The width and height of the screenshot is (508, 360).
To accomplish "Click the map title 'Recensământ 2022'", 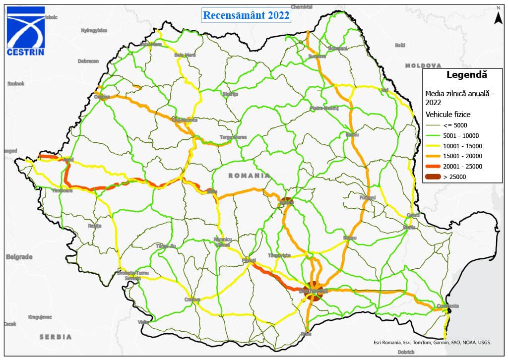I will click(246, 15).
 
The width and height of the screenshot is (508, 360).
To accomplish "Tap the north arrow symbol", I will click(498, 16).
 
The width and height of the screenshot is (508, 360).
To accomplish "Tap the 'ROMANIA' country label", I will click(249, 176).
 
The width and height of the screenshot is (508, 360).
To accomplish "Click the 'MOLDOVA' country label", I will click(423, 65).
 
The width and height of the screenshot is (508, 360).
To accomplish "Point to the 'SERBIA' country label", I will click(56, 337).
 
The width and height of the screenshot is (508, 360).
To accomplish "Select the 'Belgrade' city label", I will click(19, 257).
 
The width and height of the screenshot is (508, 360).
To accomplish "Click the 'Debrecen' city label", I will click(88, 61).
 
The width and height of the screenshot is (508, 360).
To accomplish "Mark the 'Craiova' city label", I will click(192, 300).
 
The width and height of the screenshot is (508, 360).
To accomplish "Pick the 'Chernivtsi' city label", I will click(302, 7).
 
